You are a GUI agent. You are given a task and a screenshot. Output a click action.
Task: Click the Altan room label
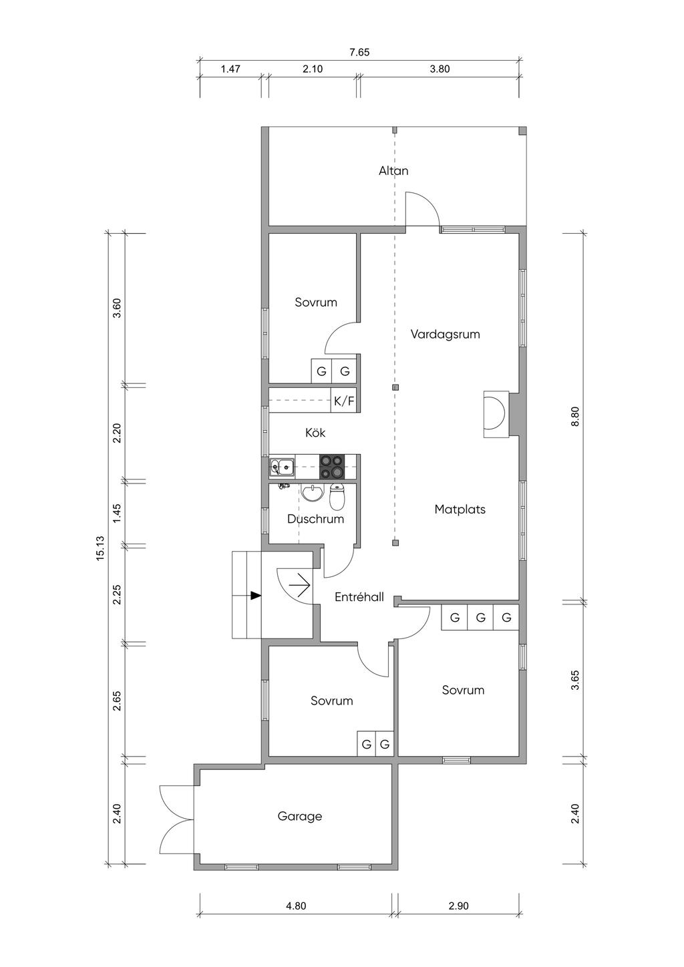(393, 171)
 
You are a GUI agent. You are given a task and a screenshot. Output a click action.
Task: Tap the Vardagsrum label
(446, 335)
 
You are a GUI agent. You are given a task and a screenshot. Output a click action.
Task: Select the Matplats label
(460, 510)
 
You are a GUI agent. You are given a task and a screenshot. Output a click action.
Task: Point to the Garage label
(300, 816)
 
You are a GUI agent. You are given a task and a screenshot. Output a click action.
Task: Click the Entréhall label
(359, 597)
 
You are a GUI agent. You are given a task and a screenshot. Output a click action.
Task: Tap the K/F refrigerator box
(344, 401)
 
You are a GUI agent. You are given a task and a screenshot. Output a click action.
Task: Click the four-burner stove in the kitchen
(331, 467)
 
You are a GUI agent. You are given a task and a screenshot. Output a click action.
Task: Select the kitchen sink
(282, 467)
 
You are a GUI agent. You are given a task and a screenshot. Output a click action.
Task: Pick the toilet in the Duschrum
(337, 498)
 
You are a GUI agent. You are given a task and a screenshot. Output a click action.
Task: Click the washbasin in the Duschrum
(312, 493)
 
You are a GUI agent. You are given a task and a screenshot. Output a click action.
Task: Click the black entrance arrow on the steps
(256, 596)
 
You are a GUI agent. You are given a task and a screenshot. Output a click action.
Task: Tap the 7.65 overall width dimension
(359, 53)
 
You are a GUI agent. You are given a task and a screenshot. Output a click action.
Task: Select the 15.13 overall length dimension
(100, 548)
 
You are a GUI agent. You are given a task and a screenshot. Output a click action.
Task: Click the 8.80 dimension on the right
(574, 417)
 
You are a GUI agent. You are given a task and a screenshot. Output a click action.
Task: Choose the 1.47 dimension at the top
(230, 69)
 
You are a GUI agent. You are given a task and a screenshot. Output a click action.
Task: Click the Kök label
(315, 433)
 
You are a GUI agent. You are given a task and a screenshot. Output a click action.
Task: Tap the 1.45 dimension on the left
(117, 514)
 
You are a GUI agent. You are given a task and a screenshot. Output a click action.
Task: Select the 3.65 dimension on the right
(574, 680)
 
